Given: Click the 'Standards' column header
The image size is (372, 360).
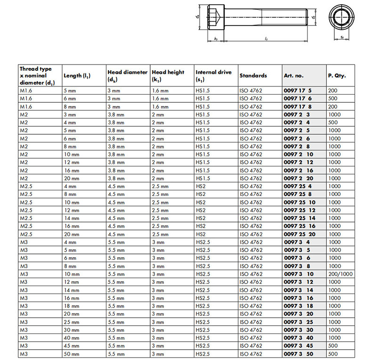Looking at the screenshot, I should [253, 75].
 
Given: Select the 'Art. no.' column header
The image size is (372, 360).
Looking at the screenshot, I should [293, 75].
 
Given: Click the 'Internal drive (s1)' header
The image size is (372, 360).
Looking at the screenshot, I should [213, 76].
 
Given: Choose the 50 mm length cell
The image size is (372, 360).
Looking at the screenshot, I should [71, 353].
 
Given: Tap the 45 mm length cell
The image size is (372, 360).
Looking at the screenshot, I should [71, 345].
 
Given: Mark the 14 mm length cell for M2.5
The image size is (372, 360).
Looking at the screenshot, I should [71, 218].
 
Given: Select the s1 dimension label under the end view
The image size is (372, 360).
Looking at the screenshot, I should [342, 37].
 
